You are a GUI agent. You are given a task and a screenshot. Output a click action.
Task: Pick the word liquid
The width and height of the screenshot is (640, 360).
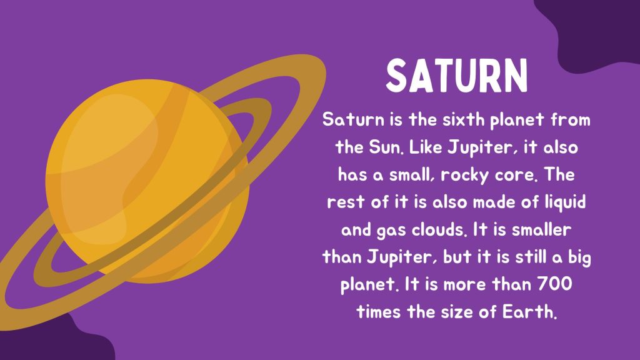click(x=566, y=202)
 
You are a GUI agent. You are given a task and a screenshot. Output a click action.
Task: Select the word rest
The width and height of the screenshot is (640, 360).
click(x=342, y=203)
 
